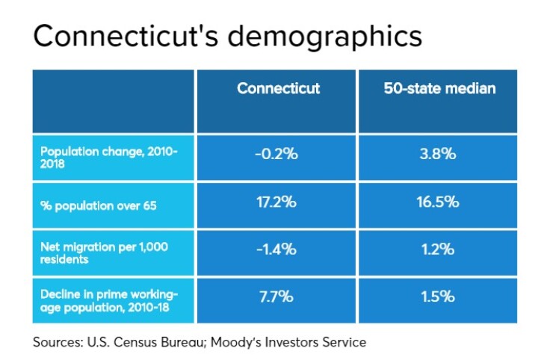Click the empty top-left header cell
(113, 101)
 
